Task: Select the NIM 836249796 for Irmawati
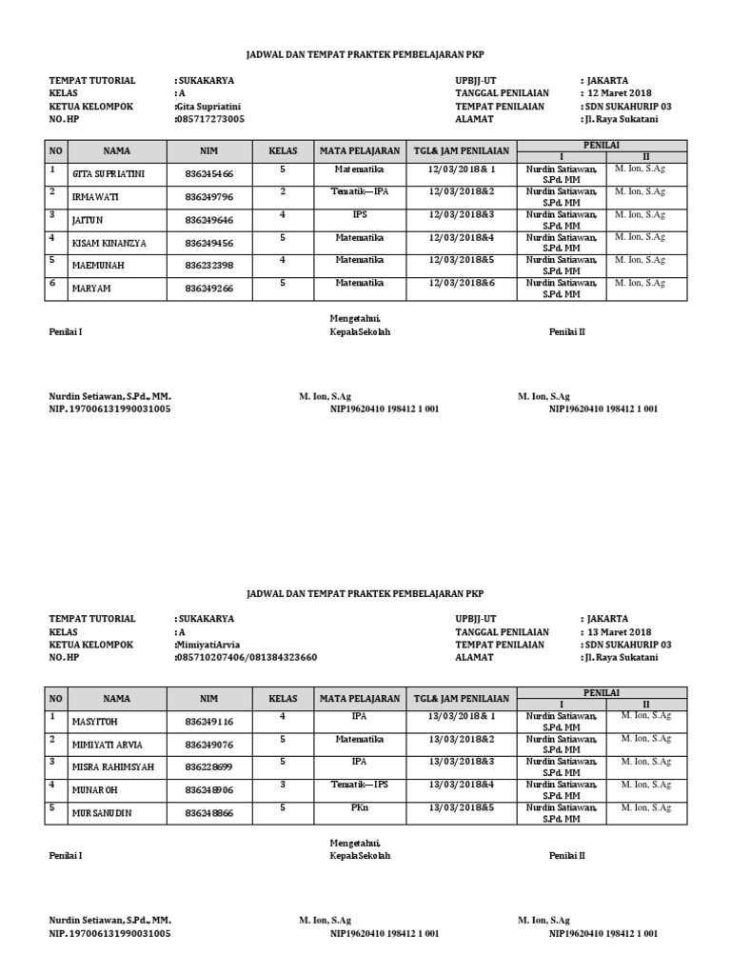point(209,197)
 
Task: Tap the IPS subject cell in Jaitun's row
point(359,214)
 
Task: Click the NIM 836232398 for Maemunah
point(209,266)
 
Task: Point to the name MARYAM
point(92,289)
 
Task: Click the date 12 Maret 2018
point(621,93)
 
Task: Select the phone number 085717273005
point(209,120)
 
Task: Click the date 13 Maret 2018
point(621,632)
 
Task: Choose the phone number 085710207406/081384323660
point(247,658)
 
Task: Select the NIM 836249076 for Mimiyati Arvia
point(209,745)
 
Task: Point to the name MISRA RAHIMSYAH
point(112,767)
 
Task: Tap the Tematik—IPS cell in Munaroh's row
point(359,784)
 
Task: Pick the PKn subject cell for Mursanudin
point(359,806)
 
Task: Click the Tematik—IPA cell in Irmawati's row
point(359,191)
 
